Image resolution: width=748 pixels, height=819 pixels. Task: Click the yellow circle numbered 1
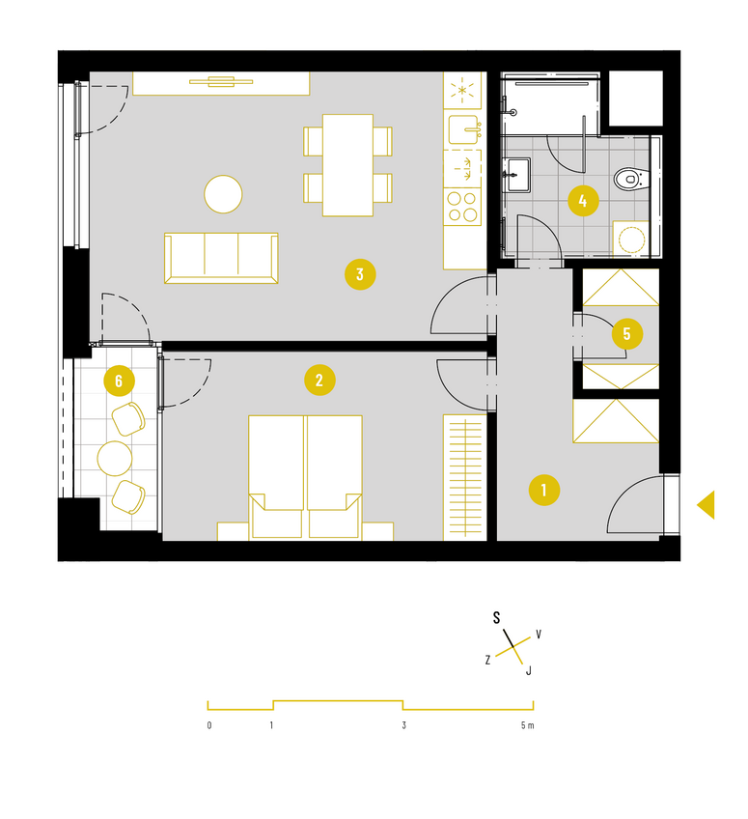(x=544, y=490)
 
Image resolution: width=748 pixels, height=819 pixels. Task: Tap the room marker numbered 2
(x=319, y=380)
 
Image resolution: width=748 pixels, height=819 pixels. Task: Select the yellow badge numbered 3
(x=360, y=274)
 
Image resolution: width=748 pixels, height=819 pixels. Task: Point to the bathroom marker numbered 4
(x=583, y=201)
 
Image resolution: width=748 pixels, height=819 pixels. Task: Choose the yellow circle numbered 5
(x=627, y=333)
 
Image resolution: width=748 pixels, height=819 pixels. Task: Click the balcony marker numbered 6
(x=119, y=381)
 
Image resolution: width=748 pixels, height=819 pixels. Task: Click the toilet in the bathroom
(x=630, y=180)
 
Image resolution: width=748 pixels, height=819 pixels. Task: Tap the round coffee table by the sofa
(x=223, y=194)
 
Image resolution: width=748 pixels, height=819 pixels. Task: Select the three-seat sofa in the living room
(x=221, y=258)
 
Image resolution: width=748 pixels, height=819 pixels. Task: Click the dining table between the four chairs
(x=347, y=165)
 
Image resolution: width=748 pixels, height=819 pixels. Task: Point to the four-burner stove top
(x=462, y=207)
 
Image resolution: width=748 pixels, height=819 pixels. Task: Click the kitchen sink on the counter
(x=463, y=129)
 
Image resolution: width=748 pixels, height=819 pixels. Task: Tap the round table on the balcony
(x=114, y=458)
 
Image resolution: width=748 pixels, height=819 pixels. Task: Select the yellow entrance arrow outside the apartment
(x=707, y=504)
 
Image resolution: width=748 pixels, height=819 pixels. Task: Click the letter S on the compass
(x=496, y=618)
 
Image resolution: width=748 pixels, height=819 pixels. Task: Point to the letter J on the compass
(x=529, y=670)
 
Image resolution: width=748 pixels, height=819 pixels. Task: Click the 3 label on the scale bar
(x=404, y=725)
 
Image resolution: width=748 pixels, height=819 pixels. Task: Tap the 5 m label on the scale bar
(x=527, y=725)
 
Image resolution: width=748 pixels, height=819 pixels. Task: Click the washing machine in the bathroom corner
(x=630, y=240)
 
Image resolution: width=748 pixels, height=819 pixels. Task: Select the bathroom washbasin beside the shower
(x=516, y=175)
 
